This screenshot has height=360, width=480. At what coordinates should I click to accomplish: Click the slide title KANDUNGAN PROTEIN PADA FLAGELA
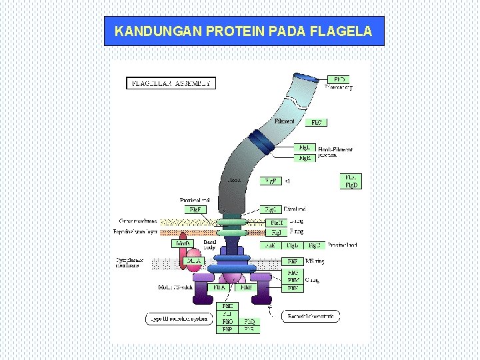[243, 31]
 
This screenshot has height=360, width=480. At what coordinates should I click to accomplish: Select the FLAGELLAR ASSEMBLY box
[171, 83]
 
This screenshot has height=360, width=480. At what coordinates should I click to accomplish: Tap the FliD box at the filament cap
[339, 79]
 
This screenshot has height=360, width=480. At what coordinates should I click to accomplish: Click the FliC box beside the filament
[317, 123]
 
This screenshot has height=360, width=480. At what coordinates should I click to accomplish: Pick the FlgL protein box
[305, 147]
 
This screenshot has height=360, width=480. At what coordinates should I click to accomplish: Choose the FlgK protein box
[305, 158]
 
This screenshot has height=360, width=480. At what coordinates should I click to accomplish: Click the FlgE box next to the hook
[269, 181]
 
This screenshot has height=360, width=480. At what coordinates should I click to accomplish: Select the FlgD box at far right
[351, 185]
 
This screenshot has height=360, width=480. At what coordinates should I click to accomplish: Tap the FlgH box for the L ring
[275, 222]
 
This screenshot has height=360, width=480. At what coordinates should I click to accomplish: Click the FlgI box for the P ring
[275, 233]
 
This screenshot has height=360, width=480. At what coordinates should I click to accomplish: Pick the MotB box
[182, 244]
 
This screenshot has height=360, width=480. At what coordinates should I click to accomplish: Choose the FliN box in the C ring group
[293, 288]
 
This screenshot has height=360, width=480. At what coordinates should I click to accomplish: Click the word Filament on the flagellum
[284, 121]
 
